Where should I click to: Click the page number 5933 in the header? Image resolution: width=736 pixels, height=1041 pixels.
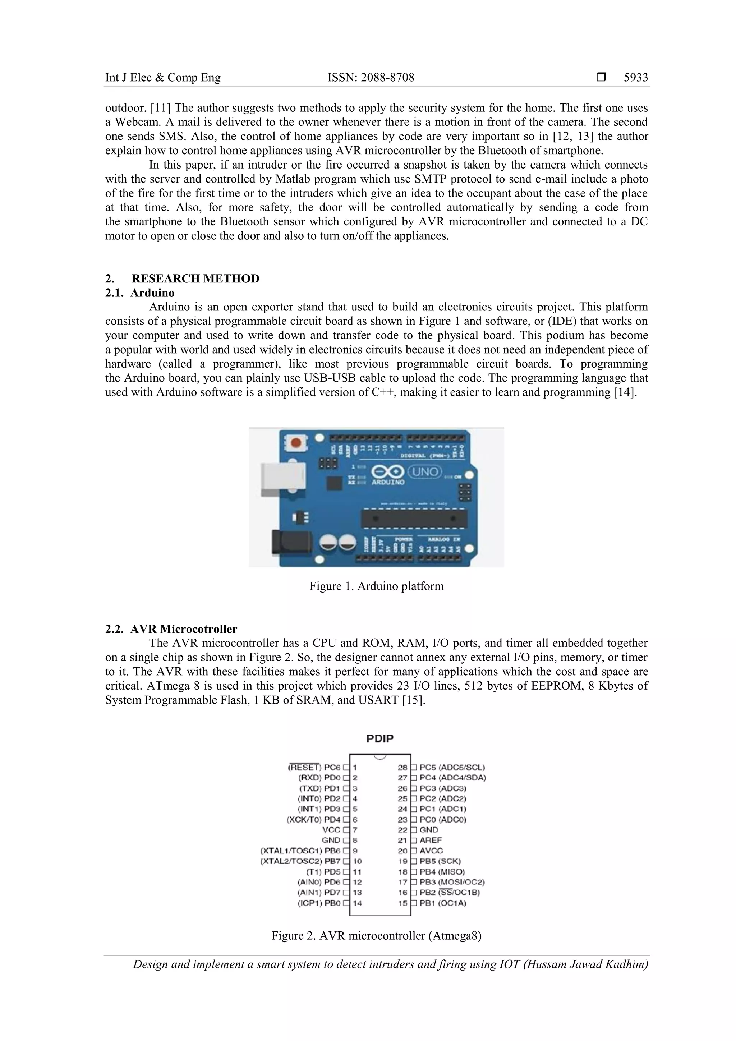point(635,78)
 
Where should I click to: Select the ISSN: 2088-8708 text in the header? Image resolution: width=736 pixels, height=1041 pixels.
point(371,78)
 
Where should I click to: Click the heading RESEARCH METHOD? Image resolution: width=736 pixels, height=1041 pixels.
point(195,278)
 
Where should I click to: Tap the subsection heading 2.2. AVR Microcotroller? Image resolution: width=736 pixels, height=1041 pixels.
point(171,629)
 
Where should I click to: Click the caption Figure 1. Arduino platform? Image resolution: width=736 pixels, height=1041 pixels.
point(376,586)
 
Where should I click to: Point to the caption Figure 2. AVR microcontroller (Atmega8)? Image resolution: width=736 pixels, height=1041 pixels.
point(376,935)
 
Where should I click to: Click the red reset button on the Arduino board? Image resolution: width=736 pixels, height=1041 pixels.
point(296,442)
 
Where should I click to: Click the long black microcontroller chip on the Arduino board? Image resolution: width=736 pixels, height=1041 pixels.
point(414,519)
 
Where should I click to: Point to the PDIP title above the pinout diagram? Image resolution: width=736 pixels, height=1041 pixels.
point(380,738)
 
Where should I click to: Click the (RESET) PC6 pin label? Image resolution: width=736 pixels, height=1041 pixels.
point(314,767)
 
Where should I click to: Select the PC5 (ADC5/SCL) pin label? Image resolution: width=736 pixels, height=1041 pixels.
point(452,767)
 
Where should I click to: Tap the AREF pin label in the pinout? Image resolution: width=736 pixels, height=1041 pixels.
point(431,840)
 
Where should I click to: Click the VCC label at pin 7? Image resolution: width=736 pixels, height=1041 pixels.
point(331,830)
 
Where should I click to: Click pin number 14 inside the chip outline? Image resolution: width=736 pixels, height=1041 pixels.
point(357,903)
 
